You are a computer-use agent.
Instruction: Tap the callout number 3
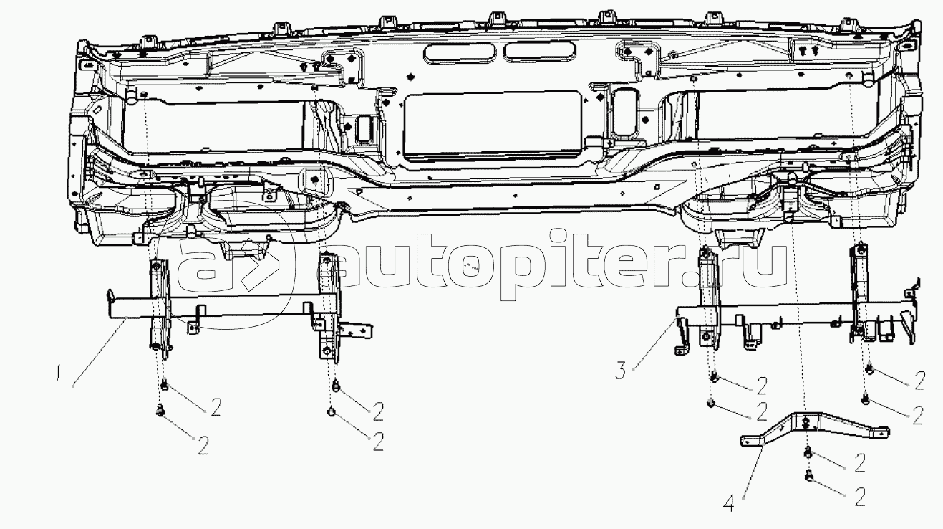[x=620, y=370]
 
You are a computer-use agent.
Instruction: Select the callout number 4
[x=728, y=504]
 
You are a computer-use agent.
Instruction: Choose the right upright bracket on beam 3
[x=858, y=290]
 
